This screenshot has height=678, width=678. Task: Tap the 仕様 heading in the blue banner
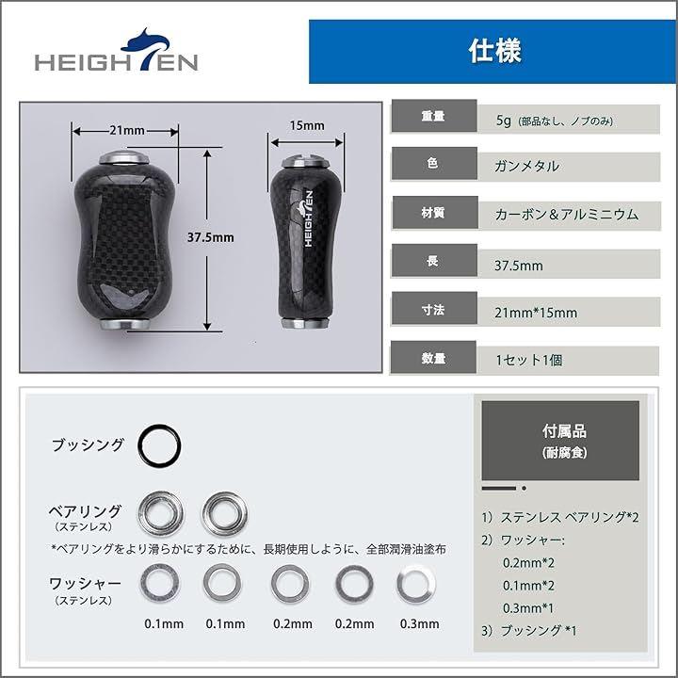495,51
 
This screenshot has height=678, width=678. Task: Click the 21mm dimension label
127,130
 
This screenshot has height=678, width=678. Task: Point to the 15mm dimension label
307,126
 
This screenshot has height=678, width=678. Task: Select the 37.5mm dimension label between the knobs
211,237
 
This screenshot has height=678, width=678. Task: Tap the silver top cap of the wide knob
124,158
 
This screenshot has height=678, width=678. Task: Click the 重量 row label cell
434,116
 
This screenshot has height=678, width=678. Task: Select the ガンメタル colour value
526,166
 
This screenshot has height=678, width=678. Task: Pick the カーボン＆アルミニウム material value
567,214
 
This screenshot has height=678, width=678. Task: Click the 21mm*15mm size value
536,313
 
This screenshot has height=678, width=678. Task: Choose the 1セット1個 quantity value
529,360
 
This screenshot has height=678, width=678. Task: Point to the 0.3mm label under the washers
419,624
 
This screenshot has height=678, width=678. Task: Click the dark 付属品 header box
560,440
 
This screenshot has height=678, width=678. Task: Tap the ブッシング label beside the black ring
88,444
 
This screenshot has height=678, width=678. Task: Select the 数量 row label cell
433,358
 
